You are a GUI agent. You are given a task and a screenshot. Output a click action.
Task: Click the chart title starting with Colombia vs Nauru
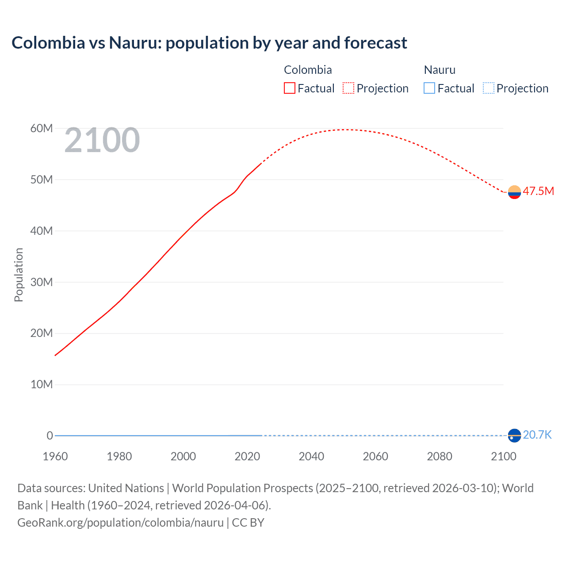point(209,43)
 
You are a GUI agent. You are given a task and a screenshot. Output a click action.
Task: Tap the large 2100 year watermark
point(102,140)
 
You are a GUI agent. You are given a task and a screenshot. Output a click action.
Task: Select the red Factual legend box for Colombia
point(290,88)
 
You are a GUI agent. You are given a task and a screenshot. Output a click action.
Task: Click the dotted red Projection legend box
point(348,88)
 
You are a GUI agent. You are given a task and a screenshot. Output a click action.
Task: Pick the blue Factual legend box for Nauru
point(429,88)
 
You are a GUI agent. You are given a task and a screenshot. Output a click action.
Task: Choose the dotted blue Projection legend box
point(489,88)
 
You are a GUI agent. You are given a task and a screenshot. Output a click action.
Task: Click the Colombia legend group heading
point(308,70)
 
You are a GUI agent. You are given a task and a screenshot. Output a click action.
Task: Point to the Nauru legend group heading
point(440,70)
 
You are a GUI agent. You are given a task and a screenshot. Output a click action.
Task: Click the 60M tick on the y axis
point(42,128)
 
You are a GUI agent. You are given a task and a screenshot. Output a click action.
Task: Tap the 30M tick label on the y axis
point(42,282)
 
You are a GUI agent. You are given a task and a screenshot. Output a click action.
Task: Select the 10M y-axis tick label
point(42,384)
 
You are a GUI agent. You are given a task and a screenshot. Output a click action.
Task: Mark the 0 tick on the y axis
point(50,436)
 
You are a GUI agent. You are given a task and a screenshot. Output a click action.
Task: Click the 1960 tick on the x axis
point(55,456)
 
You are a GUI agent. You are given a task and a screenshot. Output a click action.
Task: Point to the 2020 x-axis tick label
point(247,456)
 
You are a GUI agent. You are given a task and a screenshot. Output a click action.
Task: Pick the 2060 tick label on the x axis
point(375,456)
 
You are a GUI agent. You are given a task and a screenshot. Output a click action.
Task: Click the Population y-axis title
point(19,275)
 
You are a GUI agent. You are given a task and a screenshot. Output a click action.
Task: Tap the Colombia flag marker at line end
point(514,192)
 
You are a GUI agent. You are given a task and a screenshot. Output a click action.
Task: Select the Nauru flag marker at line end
point(514,436)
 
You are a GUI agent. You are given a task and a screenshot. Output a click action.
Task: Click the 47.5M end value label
point(538,191)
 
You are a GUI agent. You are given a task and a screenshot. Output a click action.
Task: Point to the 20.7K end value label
point(537,435)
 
